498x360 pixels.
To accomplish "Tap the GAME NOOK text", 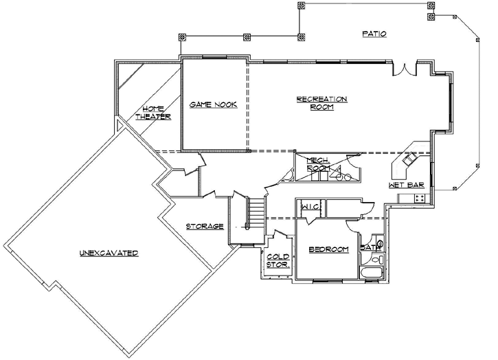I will (x=213, y=104).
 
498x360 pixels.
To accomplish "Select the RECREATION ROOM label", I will (x=321, y=103).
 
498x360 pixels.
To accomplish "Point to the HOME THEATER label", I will (x=152, y=113).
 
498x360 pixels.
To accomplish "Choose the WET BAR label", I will (x=405, y=185).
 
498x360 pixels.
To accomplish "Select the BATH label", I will (x=369, y=247).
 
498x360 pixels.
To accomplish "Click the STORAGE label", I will (x=205, y=226).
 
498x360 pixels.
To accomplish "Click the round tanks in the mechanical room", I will (x=345, y=177).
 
